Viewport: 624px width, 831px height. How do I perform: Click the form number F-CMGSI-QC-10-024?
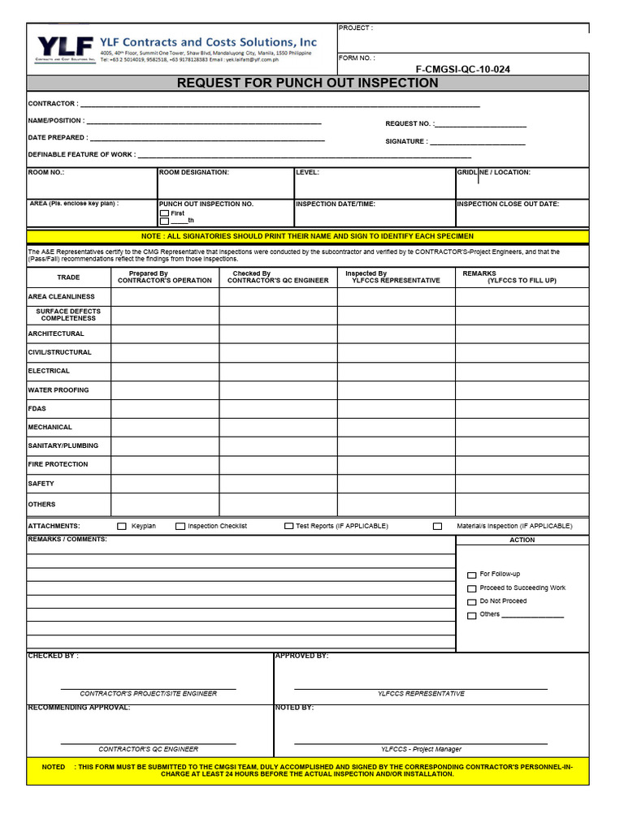(463, 69)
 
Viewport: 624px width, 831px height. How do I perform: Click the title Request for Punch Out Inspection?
(307, 83)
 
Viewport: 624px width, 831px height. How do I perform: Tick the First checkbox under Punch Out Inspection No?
(164, 213)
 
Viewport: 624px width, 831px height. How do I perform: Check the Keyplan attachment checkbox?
(123, 526)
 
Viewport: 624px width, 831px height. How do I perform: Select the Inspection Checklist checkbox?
(180, 526)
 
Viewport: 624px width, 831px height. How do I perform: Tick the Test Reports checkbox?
(288, 526)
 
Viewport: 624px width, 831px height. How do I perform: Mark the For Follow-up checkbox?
(472, 575)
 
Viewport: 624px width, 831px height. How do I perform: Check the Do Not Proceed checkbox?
(472, 602)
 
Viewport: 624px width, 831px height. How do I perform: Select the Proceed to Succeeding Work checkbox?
(472, 588)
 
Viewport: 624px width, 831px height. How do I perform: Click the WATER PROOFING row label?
(58, 390)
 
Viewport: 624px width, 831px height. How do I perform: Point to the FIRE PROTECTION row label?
(58, 464)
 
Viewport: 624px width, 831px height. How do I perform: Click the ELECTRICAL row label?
(49, 371)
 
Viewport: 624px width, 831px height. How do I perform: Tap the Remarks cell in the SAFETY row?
(522, 484)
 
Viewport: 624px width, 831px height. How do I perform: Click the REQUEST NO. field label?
(409, 124)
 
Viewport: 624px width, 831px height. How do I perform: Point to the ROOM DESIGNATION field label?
(194, 172)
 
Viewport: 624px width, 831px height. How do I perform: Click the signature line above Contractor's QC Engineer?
(148, 743)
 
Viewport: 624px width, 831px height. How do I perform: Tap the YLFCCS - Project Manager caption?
(421, 749)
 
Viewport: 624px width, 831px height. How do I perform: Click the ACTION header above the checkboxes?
(522, 540)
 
